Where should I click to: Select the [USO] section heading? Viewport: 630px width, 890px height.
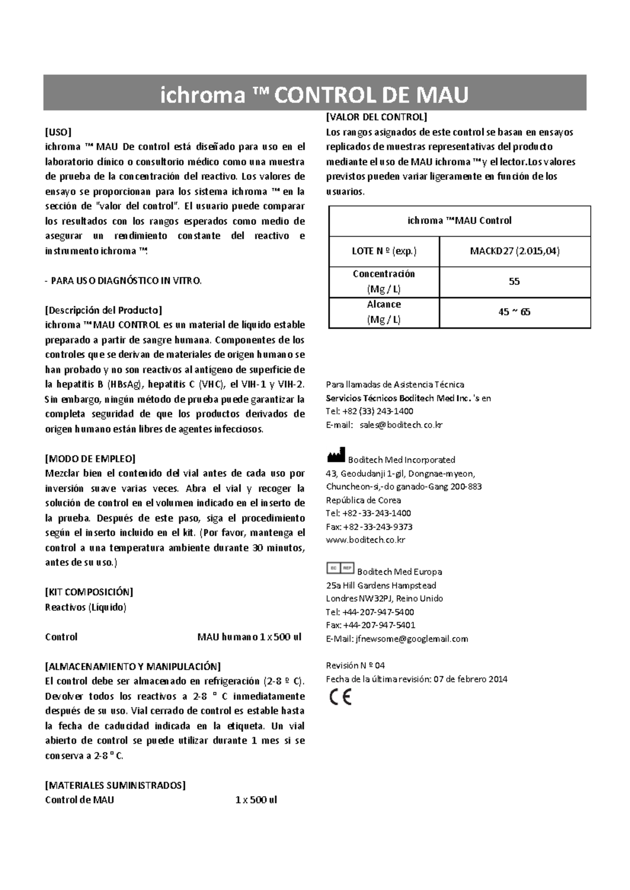(x=58, y=131)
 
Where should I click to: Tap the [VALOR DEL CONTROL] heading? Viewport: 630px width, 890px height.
(x=376, y=117)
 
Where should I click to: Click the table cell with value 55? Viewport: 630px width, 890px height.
(x=514, y=282)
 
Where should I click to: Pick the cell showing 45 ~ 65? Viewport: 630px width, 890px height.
(x=514, y=312)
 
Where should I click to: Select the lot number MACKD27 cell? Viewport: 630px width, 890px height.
(x=514, y=251)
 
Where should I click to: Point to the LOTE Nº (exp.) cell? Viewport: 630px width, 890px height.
(x=384, y=251)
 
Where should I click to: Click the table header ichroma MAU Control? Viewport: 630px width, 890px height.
(x=459, y=221)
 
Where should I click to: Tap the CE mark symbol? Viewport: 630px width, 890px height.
(x=340, y=697)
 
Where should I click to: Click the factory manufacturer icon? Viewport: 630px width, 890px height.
(x=336, y=455)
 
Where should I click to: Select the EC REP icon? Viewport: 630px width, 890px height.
(x=340, y=568)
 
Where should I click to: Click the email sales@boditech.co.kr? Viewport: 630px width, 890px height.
(x=401, y=425)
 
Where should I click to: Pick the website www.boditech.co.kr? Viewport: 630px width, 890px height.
(x=365, y=540)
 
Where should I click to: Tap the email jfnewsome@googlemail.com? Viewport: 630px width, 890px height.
(x=412, y=639)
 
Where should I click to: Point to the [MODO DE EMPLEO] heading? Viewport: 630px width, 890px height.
(x=90, y=459)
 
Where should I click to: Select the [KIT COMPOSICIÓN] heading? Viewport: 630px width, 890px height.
(x=89, y=592)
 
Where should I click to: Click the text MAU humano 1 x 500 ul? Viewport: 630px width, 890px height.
(x=249, y=637)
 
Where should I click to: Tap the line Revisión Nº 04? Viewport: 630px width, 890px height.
(x=355, y=666)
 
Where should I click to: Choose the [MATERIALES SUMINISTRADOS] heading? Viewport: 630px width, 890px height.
(x=115, y=786)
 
